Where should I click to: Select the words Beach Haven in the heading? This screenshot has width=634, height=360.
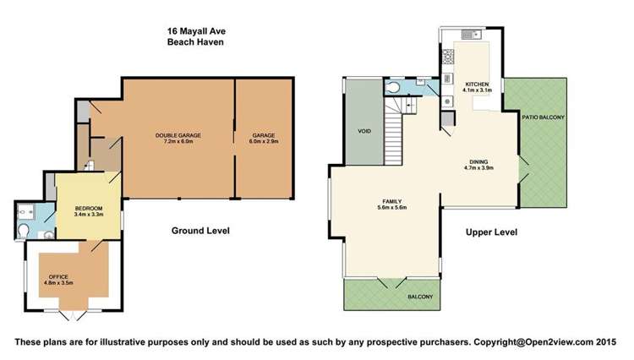(195, 40)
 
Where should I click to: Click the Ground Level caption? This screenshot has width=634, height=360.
(200, 231)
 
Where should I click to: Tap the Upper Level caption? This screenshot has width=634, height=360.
(490, 232)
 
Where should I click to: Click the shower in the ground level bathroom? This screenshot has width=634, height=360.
(25, 210)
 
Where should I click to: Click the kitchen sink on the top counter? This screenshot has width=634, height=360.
(473, 35)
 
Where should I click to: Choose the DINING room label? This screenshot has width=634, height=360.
(478, 162)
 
